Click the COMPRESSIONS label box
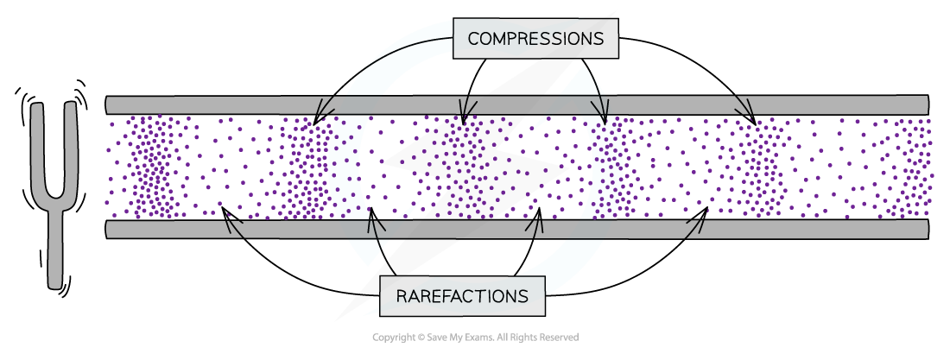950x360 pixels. (535, 39)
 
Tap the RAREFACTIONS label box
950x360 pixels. (462, 296)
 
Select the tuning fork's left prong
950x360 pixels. (39, 151)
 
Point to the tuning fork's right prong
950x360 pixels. (72, 151)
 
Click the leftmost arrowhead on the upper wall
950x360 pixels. (323, 109)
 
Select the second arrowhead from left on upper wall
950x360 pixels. (465, 109)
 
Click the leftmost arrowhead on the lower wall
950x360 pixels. (233, 226)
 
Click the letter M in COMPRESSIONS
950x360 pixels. (498, 39)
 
